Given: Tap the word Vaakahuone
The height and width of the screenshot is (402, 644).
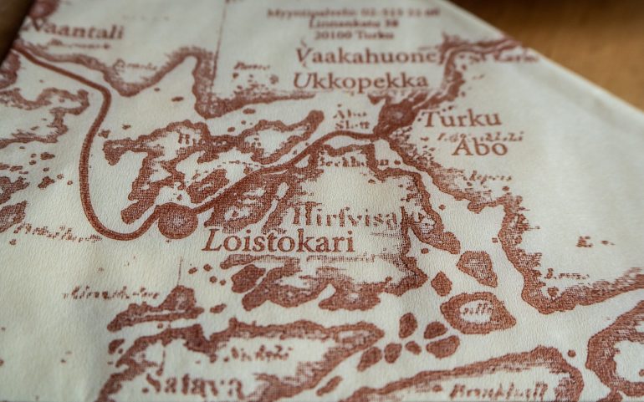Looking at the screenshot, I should (366, 56).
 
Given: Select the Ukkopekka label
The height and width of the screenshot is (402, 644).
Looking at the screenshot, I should (360, 81).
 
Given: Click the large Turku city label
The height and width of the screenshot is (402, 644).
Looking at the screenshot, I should (461, 119).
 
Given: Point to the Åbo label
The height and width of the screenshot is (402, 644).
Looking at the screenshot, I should (479, 148).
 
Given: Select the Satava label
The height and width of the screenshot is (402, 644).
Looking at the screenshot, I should (193, 385).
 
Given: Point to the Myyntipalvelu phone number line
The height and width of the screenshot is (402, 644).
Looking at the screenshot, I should (353, 13).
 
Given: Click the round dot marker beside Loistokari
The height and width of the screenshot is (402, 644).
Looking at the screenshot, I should (176, 221).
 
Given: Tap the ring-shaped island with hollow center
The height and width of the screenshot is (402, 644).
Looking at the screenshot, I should (477, 313).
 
